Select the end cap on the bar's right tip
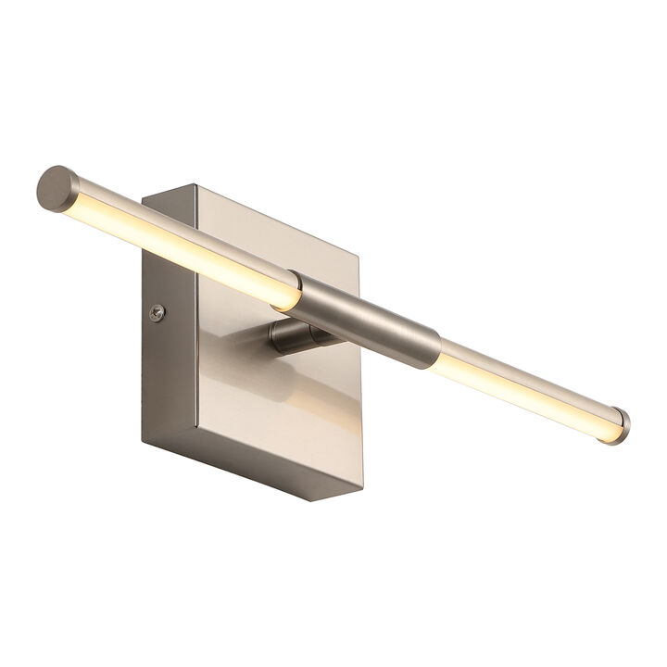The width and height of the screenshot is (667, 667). coord(614,425)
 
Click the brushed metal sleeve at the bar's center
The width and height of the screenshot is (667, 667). coord(366,321)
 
